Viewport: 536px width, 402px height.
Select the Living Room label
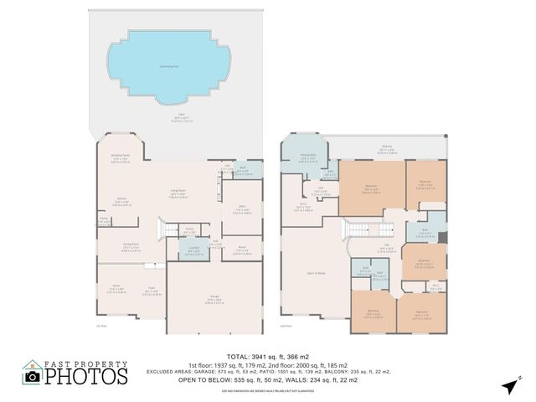(x=174, y=196)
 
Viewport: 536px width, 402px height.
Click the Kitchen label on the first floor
(x=121, y=203)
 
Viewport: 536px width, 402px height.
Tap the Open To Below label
(x=316, y=273)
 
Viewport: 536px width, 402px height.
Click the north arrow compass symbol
(x=508, y=384)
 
